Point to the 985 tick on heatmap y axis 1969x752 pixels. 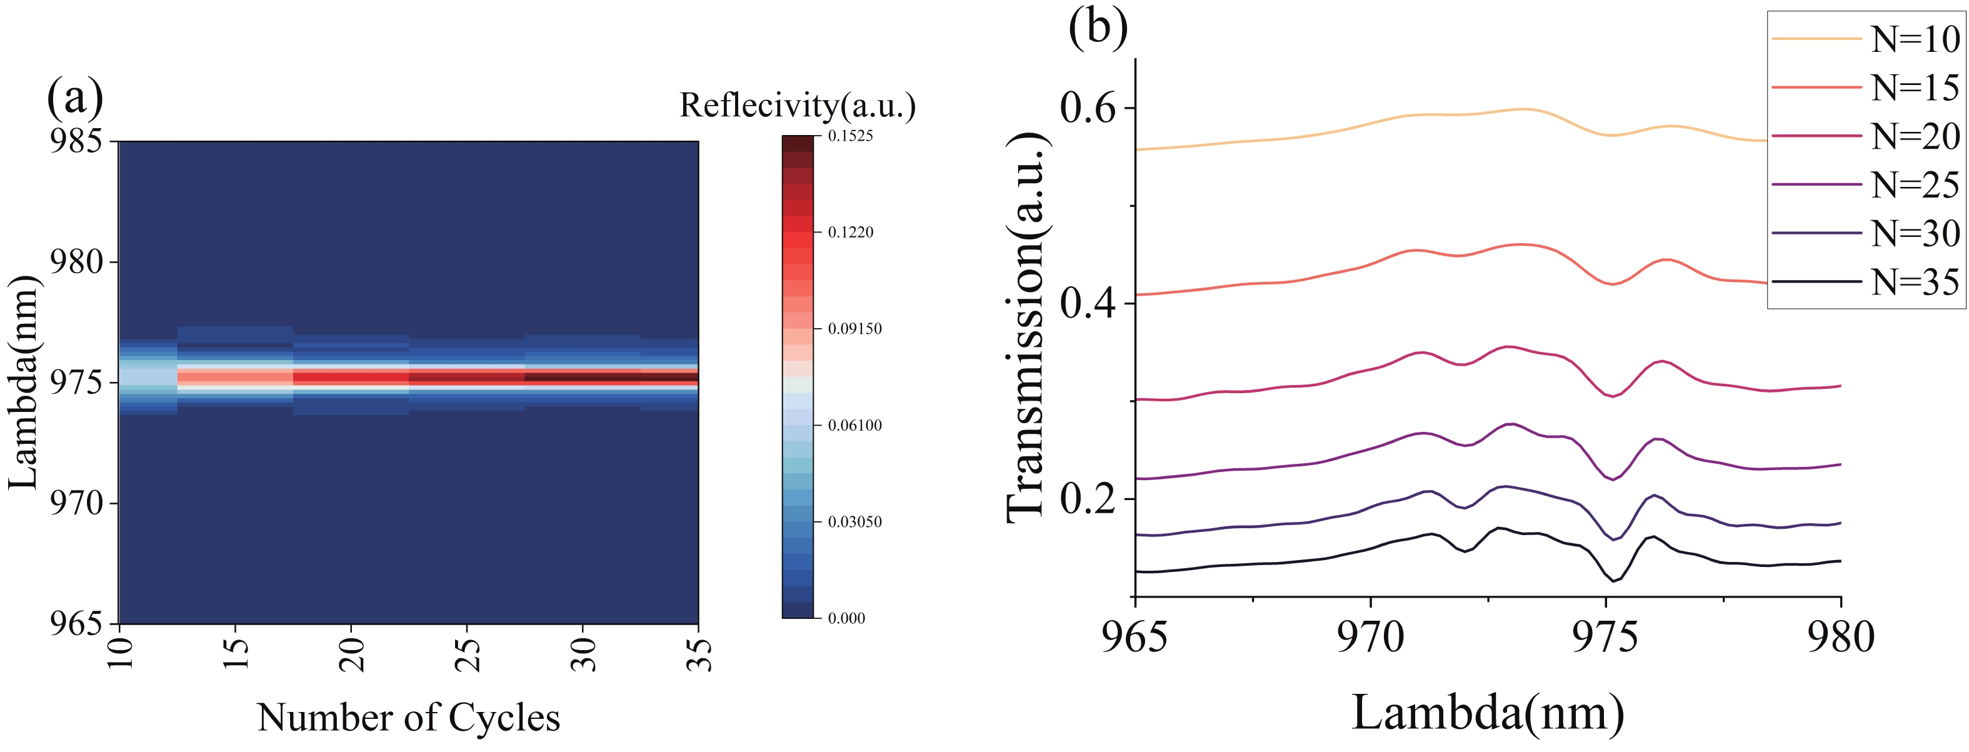point(76,141)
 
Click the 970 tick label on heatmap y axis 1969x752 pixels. point(76,504)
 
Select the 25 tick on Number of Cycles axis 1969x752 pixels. point(468,654)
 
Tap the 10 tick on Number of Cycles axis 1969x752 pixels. point(121,654)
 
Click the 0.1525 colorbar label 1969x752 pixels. point(850,136)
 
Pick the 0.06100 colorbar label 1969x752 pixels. point(854,426)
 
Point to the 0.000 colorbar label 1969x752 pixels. point(846,618)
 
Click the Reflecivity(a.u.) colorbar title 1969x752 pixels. point(797,106)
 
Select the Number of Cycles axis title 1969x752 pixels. point(408,718)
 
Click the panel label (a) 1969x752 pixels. point(75,98)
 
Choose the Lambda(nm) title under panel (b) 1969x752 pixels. point(1488,713)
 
